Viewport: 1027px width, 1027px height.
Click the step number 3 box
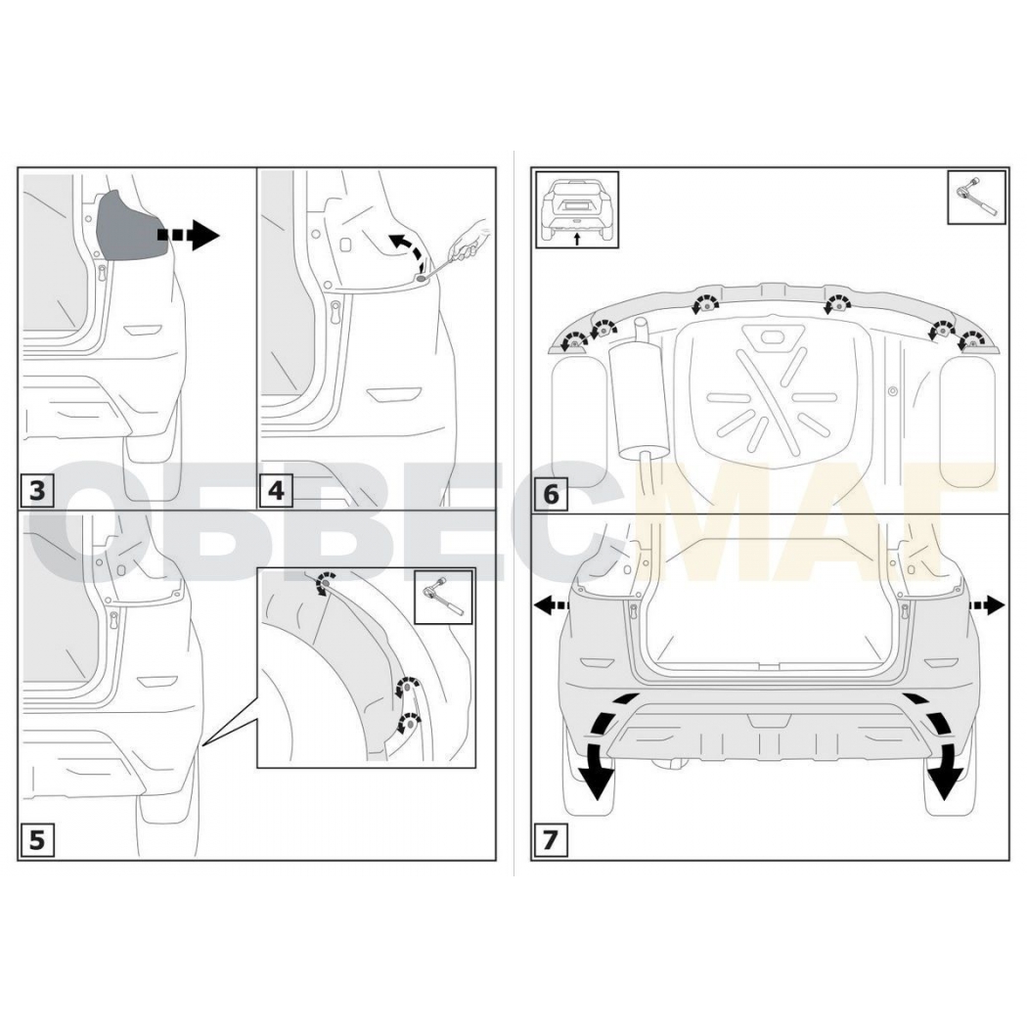[x=37, y=490]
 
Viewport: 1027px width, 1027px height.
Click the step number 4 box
[x=276, y=490]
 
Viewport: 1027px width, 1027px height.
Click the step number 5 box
[x=37, y=839]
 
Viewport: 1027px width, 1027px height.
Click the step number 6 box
[x=551, y=493]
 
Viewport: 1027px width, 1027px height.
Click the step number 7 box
[x=551, y=839]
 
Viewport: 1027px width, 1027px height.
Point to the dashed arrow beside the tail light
[x=188, y=235]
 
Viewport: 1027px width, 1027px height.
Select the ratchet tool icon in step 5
[x=444, y=596]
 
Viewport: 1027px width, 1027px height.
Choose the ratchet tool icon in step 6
[x=976, y=198]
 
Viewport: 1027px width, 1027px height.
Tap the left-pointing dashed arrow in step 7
[x=552, y=605]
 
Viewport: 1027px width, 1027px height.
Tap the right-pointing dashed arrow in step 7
[x=986, y=605]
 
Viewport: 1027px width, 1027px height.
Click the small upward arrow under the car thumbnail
[x=577, y=239]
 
